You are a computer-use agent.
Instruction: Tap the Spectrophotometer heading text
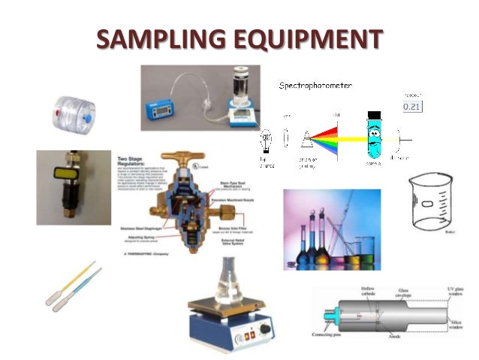(x=315, y=86)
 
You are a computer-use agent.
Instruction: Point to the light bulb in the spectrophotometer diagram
(x=265, y=141)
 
